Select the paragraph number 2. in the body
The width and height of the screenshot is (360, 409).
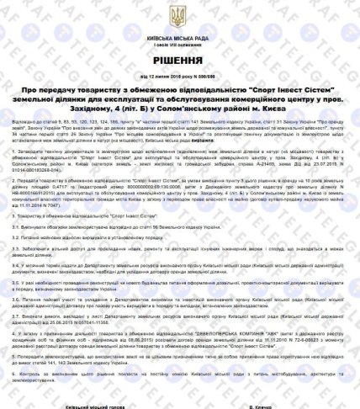[x=19, y=203]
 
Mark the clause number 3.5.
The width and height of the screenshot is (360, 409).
[x=20, y=305]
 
